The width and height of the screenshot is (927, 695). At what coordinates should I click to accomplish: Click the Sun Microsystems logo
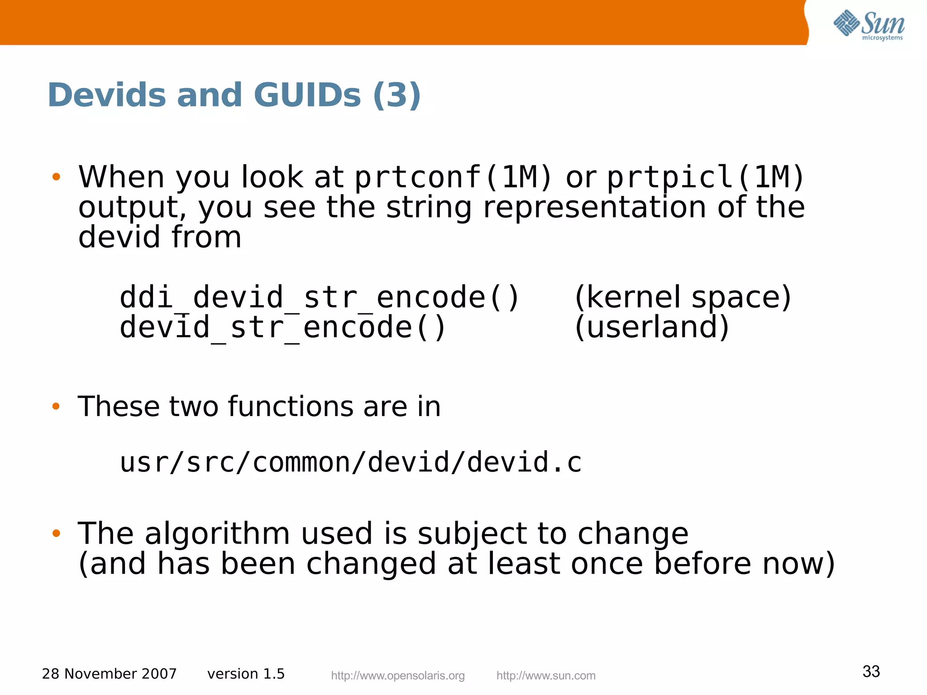869,25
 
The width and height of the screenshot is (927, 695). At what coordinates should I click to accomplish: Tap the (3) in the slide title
397,96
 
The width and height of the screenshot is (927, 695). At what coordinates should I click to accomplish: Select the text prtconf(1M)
453,177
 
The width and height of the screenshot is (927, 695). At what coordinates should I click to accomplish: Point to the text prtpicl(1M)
705,177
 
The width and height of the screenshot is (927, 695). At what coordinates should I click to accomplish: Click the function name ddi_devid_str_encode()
319,298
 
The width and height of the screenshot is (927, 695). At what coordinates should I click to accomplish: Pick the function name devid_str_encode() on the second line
282,328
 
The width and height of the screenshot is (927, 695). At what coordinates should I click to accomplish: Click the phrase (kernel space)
683,298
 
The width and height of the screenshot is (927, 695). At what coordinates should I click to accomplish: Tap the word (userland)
652,328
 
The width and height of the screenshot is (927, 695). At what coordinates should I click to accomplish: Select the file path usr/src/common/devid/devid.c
350,463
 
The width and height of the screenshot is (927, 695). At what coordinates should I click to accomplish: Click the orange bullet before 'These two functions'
56,406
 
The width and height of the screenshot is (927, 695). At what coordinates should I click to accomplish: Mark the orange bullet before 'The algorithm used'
56,533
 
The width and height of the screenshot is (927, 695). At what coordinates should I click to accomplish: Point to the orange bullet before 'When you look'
56,177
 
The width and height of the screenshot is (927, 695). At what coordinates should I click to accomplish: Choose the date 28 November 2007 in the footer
109,674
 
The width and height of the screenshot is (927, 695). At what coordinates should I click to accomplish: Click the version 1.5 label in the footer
246,674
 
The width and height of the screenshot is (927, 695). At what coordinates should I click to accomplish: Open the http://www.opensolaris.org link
398,676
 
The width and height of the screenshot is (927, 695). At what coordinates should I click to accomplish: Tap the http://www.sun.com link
546,676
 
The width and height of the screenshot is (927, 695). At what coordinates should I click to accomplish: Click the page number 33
871,671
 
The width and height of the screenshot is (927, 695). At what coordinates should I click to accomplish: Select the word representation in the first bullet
594,207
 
